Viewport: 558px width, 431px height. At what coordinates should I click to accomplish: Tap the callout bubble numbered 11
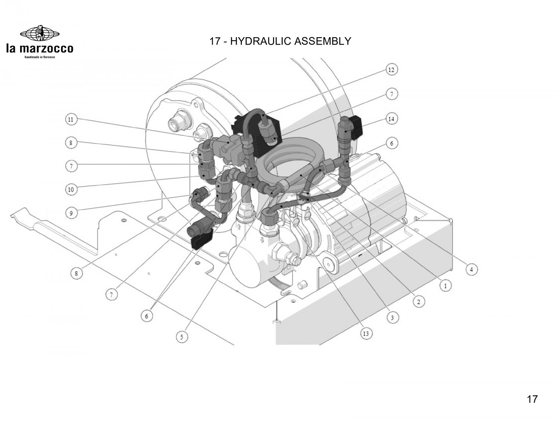pyautogui.click(x=71, y=120)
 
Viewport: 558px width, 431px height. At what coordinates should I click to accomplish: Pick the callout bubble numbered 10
pyautogui.click(x=71, y=190)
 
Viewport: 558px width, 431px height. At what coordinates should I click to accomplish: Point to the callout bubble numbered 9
pyautogui.click(x=71, y=213)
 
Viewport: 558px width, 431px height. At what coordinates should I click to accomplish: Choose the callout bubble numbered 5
pyautogui.click(x=182, y=337)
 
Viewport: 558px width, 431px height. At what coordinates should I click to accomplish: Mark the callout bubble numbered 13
pyautogui.click(x=366, y=334)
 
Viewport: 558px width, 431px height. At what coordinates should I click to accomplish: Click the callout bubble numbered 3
pyautogui.click(x=392, y=318)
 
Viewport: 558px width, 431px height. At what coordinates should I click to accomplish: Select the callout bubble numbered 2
pyautogui.click(x=418, y=302)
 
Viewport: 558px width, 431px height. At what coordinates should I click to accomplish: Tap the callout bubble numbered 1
pyautogui.click(x=445, y=286)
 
